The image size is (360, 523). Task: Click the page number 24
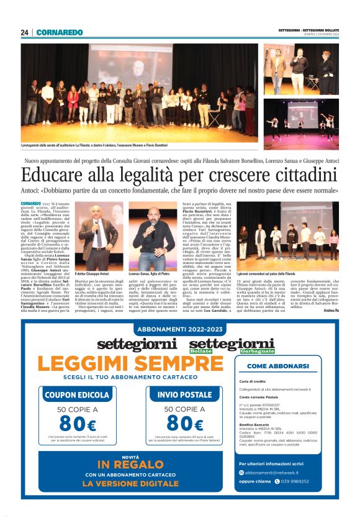24,32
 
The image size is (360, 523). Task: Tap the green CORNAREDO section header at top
59,32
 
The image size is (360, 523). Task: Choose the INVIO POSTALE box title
184,394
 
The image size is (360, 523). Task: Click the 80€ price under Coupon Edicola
78,425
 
